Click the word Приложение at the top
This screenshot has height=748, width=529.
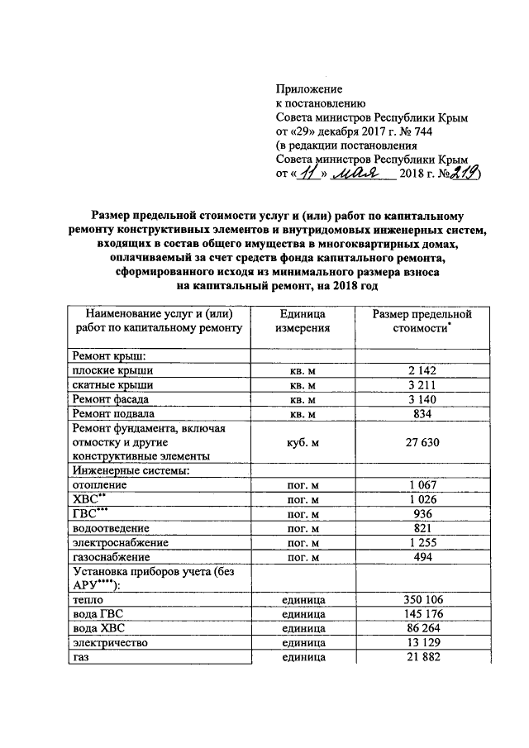click(x=308, y=88)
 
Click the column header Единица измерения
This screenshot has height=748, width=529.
click(x=303, y=321)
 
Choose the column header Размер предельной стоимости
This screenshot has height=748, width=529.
click(x=422, y=321)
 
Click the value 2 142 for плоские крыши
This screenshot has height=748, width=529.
click(x=422, y=370)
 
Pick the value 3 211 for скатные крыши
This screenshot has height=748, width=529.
click(x=422, y=385)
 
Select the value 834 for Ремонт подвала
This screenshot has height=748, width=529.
click(x=422, y=413)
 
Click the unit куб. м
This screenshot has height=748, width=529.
click(x=303, y=442)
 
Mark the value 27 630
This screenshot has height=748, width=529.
click(x=422, y=442)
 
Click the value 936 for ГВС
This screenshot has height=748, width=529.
click(x=422, y=513)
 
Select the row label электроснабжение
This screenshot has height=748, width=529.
click(x=121, y=542)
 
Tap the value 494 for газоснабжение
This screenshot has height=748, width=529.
click(x=422, y=556)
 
